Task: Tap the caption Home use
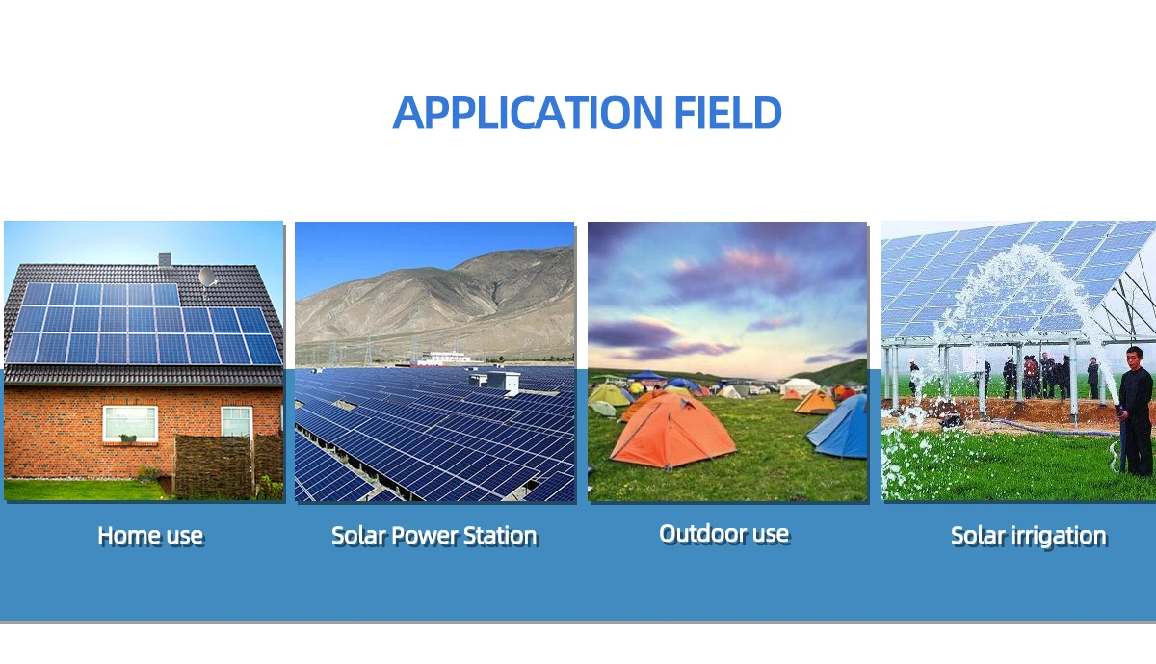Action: pos(150,535)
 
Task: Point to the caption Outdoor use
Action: pos(723,533)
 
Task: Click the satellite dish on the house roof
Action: pos(207,277)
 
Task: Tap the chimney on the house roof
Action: pos(165,259)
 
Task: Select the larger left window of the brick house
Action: pos(130,422)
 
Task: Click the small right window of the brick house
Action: pos(236,421)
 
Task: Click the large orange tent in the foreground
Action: pos(672,431)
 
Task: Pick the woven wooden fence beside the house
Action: pos(214,467)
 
